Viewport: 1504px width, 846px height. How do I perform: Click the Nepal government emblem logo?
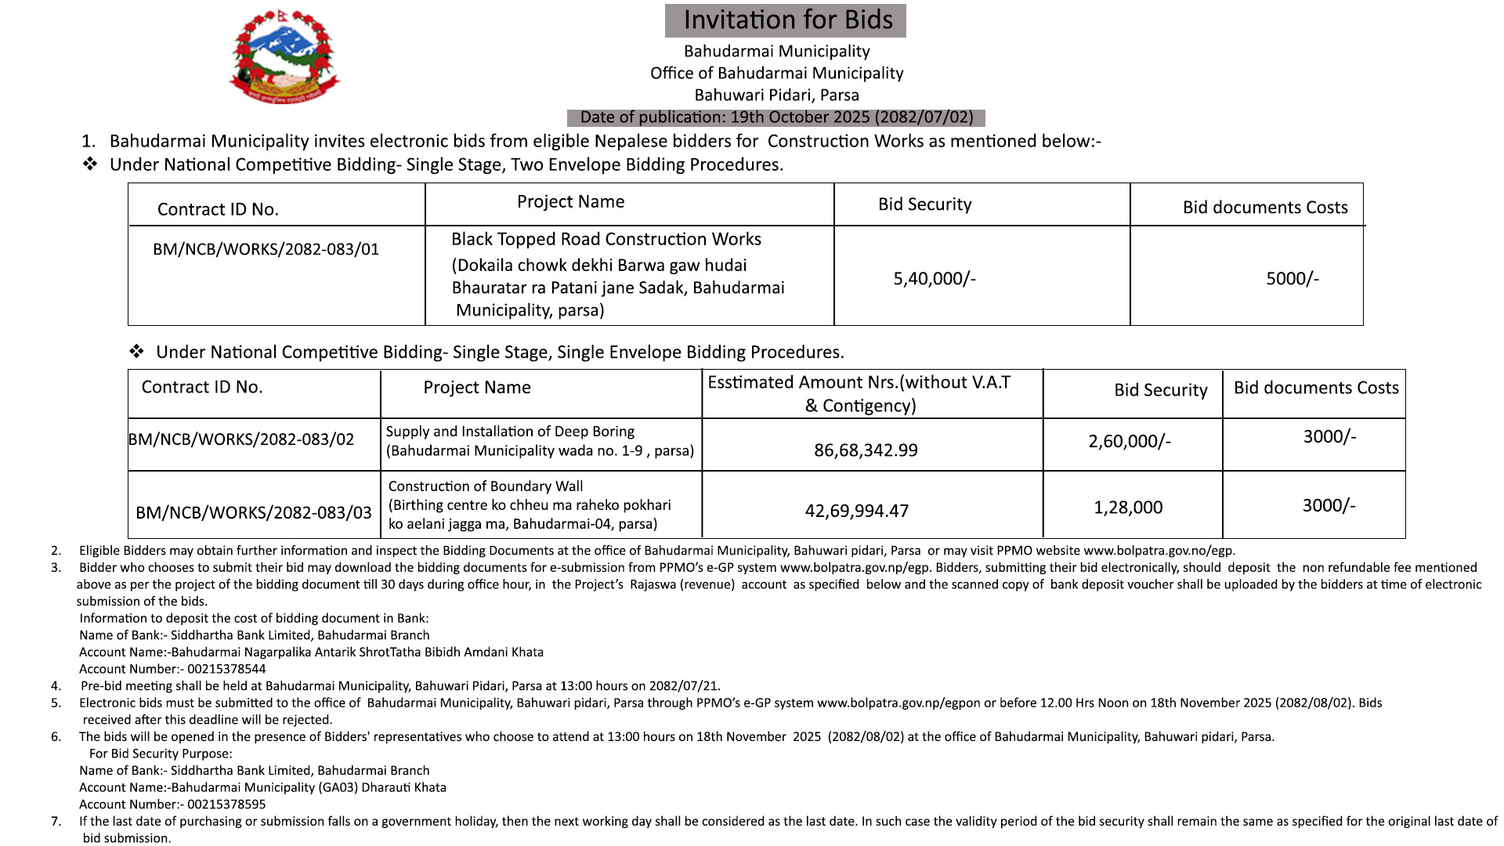coord(284,57)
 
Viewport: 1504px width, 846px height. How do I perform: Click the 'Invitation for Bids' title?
coord(786,20)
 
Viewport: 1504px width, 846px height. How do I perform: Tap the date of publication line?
coord(776,117)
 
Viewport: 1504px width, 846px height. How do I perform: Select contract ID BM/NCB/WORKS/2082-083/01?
coord(266,249)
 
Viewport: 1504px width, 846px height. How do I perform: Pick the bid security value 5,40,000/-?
coord(934,279)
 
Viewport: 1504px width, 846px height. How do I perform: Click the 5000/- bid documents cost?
coord(1292,279)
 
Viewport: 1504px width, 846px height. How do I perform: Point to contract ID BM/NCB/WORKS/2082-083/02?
coord(241,439)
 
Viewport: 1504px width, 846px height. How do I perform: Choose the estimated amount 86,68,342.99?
coord(866,450)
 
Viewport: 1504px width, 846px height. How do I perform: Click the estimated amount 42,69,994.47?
coord(857,512)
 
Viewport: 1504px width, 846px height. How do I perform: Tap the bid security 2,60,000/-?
coord(1129,442)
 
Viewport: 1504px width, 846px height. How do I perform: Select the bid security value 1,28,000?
coord(1128,508)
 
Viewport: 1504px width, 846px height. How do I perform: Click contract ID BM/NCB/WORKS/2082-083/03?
coord(254,513)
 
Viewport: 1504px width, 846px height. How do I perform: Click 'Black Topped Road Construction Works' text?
coord(606,240)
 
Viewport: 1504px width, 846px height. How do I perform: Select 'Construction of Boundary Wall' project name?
coord(486,486)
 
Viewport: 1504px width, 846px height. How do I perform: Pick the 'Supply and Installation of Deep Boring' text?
coord(510,432)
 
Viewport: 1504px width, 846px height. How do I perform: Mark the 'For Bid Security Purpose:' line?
coord(161,754)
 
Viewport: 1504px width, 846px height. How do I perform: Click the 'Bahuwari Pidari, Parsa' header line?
coord(776,96)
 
